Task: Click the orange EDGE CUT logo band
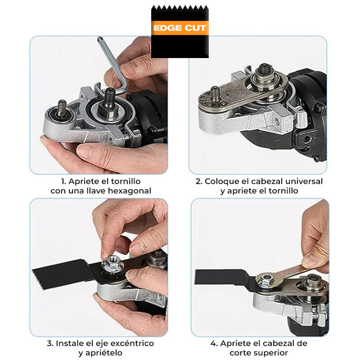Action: (x=180, y=28)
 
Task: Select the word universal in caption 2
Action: (x=304, y=181)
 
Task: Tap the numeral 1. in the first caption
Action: (x=63, y=181)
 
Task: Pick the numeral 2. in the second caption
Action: (x=199, y=181)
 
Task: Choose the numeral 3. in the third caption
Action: (x=50, y=343)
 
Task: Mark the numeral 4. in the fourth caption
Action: (x=214, y=343)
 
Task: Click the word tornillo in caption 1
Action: (x=126, y=181)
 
